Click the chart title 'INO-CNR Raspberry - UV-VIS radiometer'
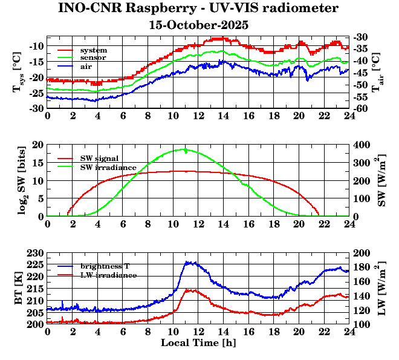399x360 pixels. click(199, 8)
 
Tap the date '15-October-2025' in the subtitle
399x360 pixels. click(199, 25)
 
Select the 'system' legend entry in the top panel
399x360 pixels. click(94, 50)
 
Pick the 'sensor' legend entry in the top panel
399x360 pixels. click(93, 57)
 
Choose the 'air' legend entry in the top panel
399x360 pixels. click(86, 66)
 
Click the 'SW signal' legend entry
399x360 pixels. click(101, 158)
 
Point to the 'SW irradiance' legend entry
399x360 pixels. click(108, 166)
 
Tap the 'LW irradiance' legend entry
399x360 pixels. click(108, 275)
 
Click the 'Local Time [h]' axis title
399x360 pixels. click(198, 343)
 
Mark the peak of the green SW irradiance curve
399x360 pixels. click(184, 149)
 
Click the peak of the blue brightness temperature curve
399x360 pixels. click(189, 262)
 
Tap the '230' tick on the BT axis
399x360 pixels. click(36, 253)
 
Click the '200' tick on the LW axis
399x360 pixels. click(360, 253)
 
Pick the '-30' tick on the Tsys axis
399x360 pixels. click(34, 108)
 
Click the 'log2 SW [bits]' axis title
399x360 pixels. click(18, 180)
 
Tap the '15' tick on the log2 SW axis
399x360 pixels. click(38, 163)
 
